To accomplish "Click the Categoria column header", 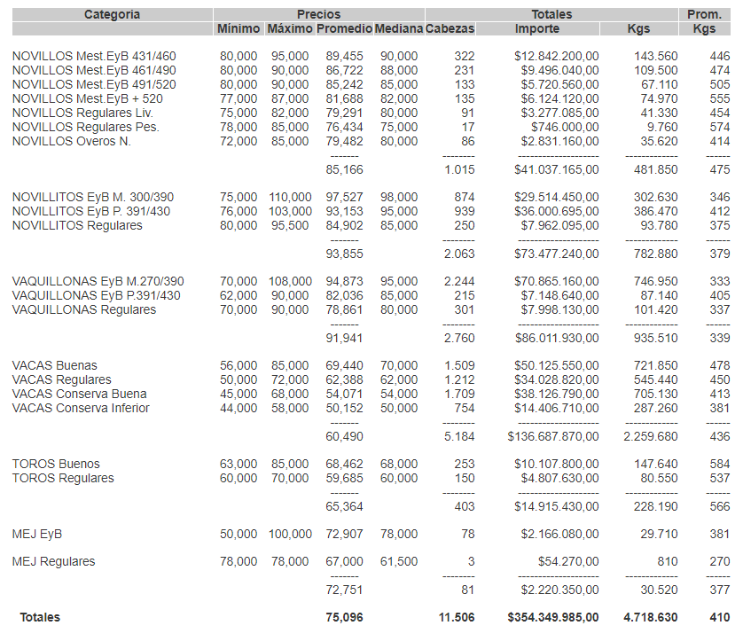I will pos(112,14).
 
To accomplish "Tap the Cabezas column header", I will pos(450,28).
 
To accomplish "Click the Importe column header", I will pos(537,28).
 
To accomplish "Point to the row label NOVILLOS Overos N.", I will pos(71,141).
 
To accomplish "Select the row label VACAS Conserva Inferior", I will pos(81,408).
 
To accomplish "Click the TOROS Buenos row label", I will pos(56,464).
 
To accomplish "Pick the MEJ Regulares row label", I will pos(53,561).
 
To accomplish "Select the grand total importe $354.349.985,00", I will pos(553,617).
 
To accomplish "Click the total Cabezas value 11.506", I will pos(457,617).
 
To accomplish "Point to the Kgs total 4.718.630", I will pos(651,617).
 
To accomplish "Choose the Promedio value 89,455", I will pos(344,56).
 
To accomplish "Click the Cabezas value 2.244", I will pos(459,281).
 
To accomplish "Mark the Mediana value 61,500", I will pos(398,561).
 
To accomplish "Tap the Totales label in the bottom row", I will pos(40,617).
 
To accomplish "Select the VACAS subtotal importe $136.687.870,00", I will pos(553,436).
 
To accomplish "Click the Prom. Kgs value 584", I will pos(719,464).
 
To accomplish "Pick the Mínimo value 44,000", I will pos(239,408).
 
